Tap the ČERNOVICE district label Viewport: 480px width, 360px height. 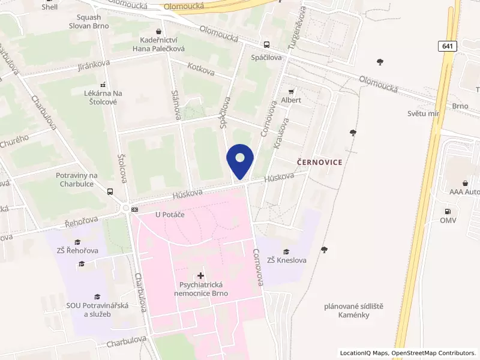pyautogui.click(x=320, y=163)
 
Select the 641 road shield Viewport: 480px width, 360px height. pyautogui.click(x=448, y=46)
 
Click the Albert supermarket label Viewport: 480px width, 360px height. pyautogui.click(x=291, y=100)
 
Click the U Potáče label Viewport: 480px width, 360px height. pyautogui.click(x=169, y=214)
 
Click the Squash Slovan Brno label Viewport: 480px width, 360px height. pyautogui.click(x=92, y=22)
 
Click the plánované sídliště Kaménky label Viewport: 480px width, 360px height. pyautogui.click(x=353, y=310)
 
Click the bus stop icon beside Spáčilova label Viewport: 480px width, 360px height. pyautogui.click(x=266, y=44)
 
